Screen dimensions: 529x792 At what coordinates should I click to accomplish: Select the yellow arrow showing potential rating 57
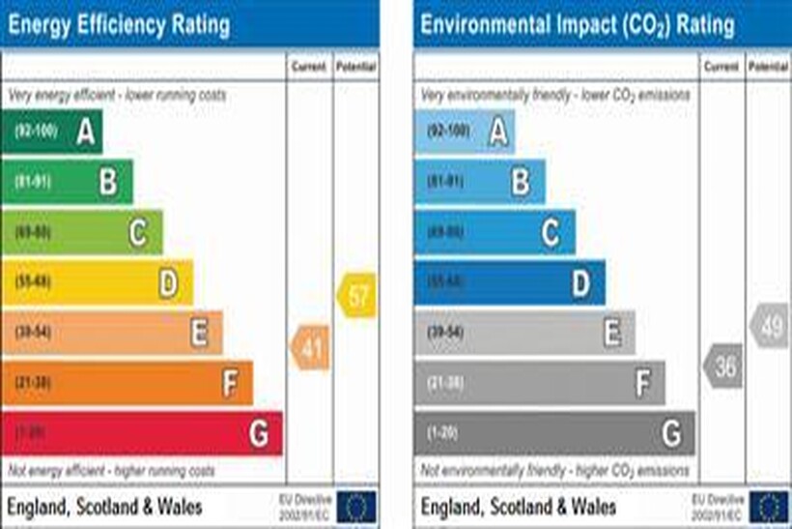pyautogui.click(x=356, y=296)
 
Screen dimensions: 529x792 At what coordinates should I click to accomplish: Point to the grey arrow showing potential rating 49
pyautogui.click(x=770, y=327)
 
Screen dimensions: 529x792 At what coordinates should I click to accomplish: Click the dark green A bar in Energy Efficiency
pyautogui.click(x=52, y=132)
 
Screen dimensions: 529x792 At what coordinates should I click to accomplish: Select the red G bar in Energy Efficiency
pyautogui.click(x=142, y=433)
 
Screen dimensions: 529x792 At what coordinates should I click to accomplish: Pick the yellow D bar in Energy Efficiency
pyautogui.click(x=98, y=282)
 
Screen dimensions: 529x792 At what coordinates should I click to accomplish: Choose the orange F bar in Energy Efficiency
pyautogui.click(x=127, y=383)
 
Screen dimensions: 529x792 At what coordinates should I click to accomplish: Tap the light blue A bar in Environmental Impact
pyautogui.click(x=465, y=132)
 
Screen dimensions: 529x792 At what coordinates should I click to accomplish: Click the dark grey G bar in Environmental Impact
pyautogui.click(x=554, y=433)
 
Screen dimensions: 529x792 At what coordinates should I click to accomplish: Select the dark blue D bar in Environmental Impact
pyautogui.click(x=510, y=282)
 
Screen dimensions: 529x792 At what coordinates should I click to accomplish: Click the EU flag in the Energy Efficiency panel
pyautogui.click(x=357, y=506)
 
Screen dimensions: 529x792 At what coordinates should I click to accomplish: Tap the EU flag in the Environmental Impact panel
pyautogui.click(x=770, y=506)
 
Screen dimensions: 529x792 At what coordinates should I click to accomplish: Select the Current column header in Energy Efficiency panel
pyautogui.click(x=310, y=68)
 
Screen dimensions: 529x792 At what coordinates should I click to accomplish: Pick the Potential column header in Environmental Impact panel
pyautogui.click(x=769, y=68)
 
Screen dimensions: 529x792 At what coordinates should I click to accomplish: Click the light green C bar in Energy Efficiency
pyautogui.click(x=82, y=232)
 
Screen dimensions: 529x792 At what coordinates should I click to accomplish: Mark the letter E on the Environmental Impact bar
pyautogui.click(x=612, y=333)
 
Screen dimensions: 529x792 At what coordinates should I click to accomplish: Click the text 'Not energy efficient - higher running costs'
pyautogui.click(x=111, y=471)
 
